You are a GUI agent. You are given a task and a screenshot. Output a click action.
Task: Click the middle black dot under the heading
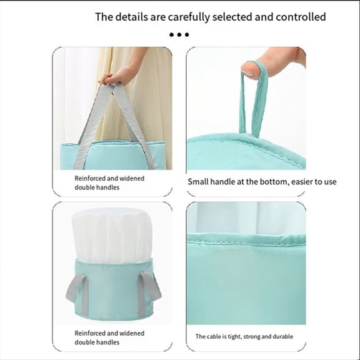[179, 35]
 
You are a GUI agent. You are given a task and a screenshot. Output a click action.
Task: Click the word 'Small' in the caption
[200, 182]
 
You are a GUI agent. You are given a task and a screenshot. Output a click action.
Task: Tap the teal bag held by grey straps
[112, 155]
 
